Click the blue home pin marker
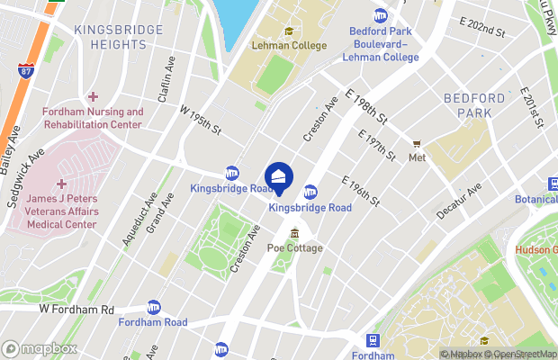click(279, 177)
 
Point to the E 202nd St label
click(481, 30)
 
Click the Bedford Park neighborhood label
click(468, 104)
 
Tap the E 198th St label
click(366, 104)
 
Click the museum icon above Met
click(417, 143)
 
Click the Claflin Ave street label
click(167, 75)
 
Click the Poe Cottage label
click(294, 248)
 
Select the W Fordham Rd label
click(76, 309)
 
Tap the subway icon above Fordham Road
click(153, 307)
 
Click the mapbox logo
click(39, 348)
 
